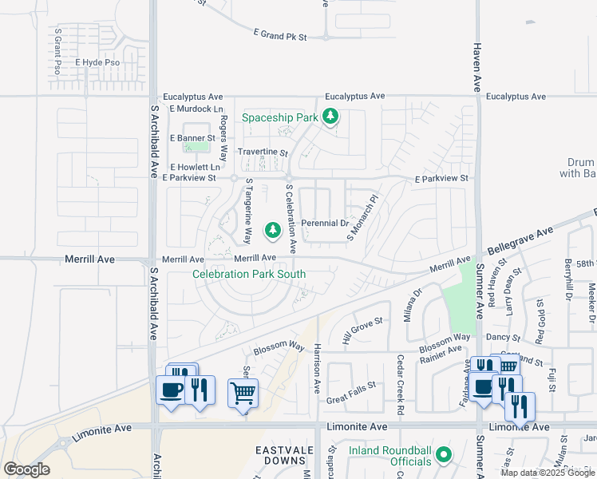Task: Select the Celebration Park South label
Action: [249, 275]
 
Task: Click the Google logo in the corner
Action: [26, 469]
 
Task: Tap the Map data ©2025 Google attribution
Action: [548, 473]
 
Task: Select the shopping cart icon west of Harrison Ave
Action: [243, 392]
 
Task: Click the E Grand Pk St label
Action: [286, 34]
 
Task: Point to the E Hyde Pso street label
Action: [97, 62]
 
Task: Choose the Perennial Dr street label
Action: [324, 224]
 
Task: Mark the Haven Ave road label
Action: [477, 66]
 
